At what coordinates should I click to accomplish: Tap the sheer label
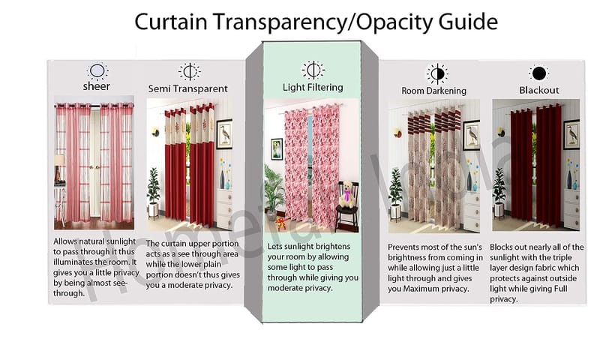97,86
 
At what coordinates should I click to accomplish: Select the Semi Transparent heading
188,88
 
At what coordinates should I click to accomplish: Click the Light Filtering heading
313,87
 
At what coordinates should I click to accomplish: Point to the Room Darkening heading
434,91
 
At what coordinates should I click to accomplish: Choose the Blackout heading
539,90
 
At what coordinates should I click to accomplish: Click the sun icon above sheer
97,71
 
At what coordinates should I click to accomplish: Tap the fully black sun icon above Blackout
539,73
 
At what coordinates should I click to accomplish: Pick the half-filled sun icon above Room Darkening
437,73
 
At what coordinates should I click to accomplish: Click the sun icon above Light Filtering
313,70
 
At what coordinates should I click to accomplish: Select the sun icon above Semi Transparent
190,71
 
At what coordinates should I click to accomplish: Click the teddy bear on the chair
347,195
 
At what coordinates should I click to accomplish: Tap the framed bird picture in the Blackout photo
571,134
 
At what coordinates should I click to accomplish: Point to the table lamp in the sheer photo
59,168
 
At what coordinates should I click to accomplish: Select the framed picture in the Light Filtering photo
277,149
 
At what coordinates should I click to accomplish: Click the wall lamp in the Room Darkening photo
397,133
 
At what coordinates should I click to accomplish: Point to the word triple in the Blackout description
562,257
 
